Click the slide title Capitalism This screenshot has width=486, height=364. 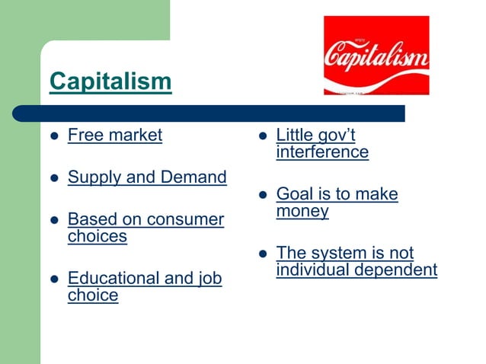pos(110,81)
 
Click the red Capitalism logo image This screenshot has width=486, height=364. pos(376,56)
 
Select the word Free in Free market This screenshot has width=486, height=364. pos(85,136)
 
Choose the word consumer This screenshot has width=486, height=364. pos(185,220)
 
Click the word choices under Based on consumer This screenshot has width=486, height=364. pos(97,236)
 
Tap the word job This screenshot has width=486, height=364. pos(206,279)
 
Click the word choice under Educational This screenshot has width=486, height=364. pos(93,295)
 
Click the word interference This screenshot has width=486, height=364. pos(322,152)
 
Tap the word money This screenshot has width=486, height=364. pos(302,211)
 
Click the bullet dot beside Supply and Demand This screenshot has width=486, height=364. pos(53,179)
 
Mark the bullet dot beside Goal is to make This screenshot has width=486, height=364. pos(262,196)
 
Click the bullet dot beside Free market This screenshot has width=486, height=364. pos(53,137)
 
